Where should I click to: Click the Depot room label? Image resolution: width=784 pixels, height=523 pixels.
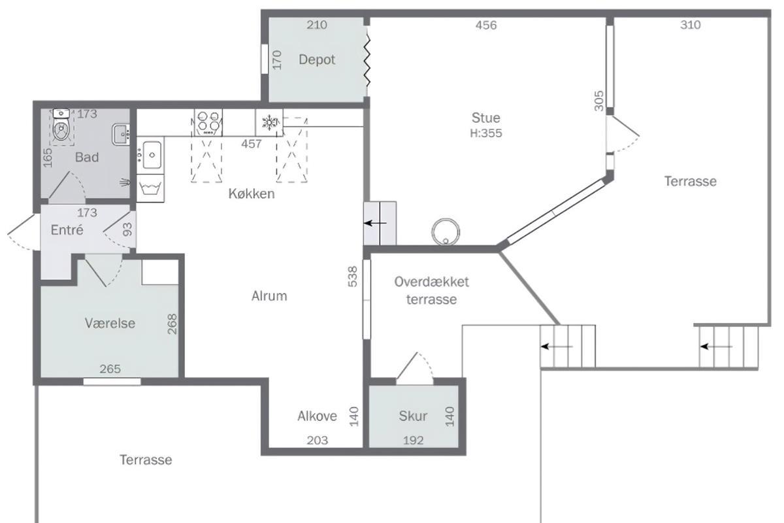317,60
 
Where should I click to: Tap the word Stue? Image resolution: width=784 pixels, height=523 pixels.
486,118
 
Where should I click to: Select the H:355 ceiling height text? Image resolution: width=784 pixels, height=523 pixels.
486,133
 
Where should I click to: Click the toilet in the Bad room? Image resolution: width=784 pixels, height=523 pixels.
61,127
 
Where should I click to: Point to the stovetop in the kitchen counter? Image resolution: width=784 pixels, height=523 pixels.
208,122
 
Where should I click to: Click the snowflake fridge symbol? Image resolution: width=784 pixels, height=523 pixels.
269,122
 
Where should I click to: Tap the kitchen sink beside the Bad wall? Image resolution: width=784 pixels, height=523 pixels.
150,154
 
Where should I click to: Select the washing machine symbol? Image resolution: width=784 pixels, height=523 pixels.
150,188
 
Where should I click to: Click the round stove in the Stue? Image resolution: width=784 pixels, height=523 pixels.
446,231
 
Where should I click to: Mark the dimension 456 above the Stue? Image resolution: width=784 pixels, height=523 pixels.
486,25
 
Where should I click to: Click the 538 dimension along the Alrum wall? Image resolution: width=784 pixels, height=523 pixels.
353,277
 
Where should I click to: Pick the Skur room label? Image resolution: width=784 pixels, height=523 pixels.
413,416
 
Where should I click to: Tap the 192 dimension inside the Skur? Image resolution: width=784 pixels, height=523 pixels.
413,441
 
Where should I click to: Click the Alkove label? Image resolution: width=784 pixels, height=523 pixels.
317,416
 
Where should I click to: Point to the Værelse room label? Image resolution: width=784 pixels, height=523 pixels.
110,323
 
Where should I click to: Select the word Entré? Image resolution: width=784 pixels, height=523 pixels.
67,230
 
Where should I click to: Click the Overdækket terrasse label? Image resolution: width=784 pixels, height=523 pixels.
432,290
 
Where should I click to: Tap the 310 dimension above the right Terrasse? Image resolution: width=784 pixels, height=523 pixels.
690,25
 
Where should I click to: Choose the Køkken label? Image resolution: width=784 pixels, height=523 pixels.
252,194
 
